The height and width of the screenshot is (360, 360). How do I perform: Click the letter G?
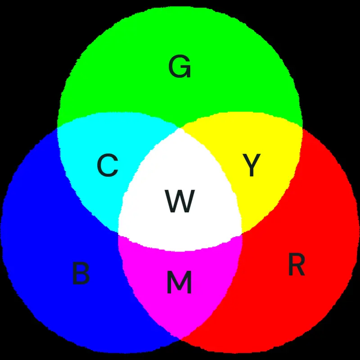tap(180, 66)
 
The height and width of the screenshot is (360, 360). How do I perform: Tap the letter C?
tap(108, 165)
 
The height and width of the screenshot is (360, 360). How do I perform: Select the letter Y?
tap(252, 165)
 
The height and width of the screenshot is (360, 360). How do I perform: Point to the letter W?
tap(180, 201)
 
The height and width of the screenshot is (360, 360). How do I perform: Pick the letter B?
tap(81, 274)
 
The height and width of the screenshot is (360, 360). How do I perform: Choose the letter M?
tap(179, 282)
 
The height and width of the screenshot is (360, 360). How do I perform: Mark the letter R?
tap(297, 264)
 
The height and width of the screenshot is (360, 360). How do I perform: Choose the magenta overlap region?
tap(180, 298)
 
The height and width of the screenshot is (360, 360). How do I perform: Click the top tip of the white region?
tap(180, 128)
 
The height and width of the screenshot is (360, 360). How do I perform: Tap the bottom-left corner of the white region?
tap(118, 232)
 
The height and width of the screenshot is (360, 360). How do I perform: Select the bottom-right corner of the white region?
tap(242, 233)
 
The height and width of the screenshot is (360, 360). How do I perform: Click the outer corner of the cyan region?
tap(58, 127)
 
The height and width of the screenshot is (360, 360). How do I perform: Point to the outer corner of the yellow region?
tap(302, 127)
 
